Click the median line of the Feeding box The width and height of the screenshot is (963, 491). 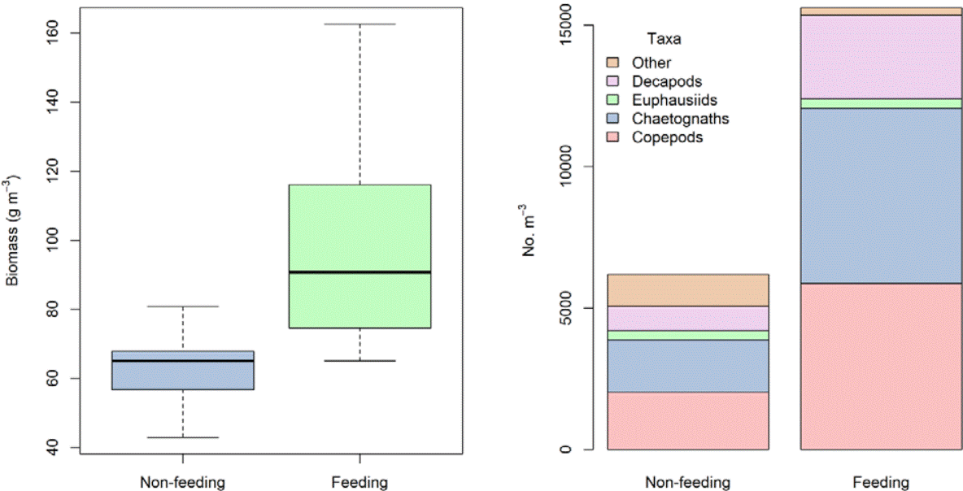coord(359,272)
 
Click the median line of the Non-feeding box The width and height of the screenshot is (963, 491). coord(182,360)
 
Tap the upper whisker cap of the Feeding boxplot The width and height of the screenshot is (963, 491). coord(359,24)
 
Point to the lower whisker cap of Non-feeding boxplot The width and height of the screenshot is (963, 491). coord(182,437)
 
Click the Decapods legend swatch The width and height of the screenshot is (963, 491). coord(614,81)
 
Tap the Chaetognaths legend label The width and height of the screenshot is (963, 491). coord(680,119)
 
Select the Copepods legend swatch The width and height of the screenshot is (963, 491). coord(614,137)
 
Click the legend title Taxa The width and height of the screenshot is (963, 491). coord(664,38)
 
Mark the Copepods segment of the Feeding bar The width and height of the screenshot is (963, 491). coord(881,366)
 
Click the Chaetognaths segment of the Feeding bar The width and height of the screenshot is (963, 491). coord(881,195)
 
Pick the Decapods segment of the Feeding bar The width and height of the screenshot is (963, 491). coord(881,57)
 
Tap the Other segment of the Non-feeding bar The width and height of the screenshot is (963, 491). coord(688,290)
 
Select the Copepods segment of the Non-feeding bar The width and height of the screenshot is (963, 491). coord(688,420)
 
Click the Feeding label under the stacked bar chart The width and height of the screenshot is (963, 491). coord(881,482)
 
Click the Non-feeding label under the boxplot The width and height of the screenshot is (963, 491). coord(182,482)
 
